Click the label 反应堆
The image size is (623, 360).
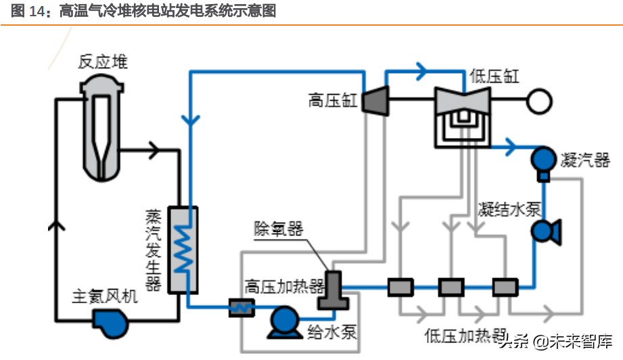[103, 63]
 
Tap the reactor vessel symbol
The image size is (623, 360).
[103, 129]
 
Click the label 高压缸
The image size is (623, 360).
[332, 102]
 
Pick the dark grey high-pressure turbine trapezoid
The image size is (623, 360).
[373, 102]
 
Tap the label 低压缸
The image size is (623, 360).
[494, 76]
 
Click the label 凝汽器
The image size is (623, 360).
[586, 160]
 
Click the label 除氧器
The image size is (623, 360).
[278, 229]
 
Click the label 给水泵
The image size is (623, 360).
[331, 332]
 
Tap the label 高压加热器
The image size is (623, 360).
[285, 286]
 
